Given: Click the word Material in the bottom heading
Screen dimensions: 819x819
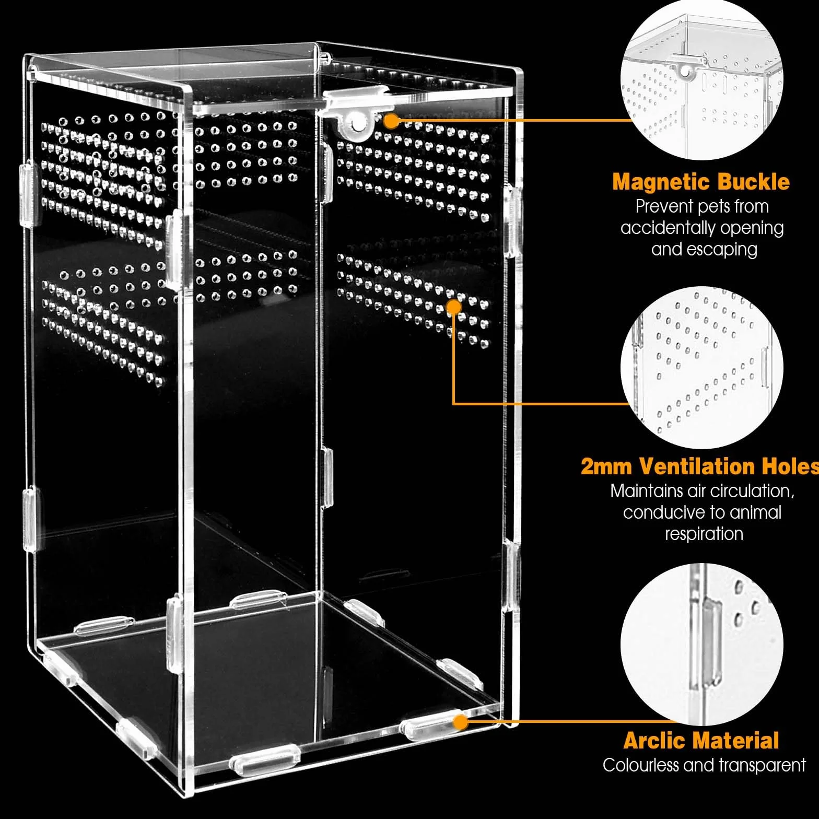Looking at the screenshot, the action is [738, 741].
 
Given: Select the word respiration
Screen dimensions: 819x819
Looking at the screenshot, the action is [704, 534].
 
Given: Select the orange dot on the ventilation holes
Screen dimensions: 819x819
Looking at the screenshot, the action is [454, 307].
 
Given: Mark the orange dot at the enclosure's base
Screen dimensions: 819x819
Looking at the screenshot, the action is [460, 722].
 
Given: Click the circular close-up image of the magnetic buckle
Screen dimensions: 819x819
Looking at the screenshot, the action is [702, 79].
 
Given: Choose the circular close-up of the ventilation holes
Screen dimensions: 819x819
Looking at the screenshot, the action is [702, 368].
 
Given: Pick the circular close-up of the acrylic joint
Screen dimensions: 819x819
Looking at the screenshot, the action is [702, 645].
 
